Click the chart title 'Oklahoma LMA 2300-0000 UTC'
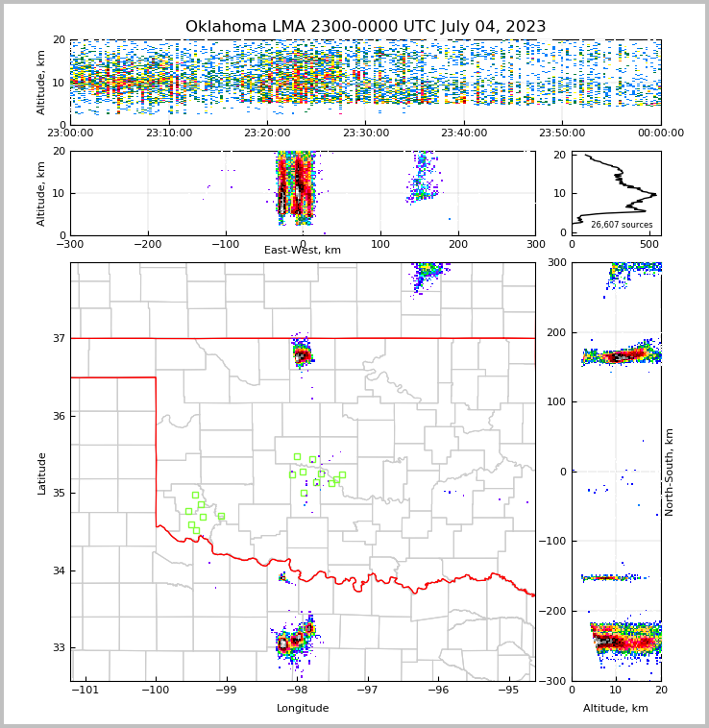(x=365, y=27)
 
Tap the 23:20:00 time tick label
(x=267, y=133)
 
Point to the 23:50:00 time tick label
(x=562, y=133)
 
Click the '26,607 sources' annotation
(x=622, y=225)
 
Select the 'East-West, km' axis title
(x=303, y=251)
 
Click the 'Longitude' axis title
(x=303, y=709)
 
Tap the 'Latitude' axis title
(x=42, y=473)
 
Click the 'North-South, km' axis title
(x=670, y=473)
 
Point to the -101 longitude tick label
(x=86, y=690)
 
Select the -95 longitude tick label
(x=508, y=690)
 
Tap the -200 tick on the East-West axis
(x=147, y=244)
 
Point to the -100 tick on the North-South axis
(x=553, y=542)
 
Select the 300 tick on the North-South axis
(x=554, y=263)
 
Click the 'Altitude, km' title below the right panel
(x=616, y=709)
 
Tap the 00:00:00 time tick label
(x=661, y=133)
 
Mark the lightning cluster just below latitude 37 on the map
(x=303, y=355)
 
